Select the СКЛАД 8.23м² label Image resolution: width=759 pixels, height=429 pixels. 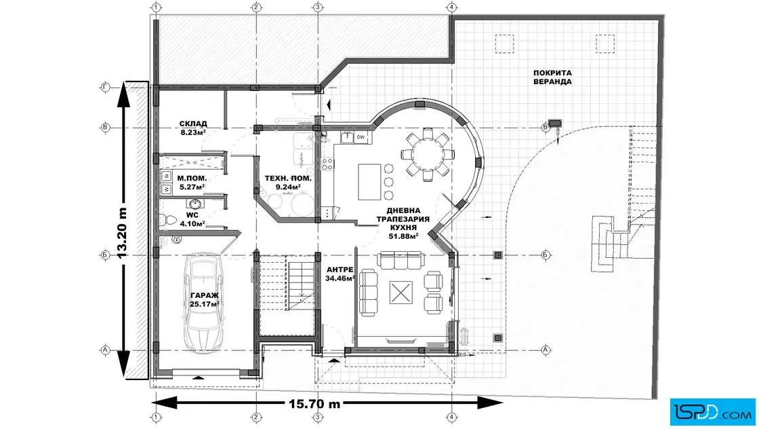point(193,128)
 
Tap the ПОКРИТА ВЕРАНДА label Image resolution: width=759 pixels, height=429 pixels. point(552,76)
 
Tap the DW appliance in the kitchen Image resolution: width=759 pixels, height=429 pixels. point(361,138)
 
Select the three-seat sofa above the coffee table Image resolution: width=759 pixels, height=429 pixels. point(398,260)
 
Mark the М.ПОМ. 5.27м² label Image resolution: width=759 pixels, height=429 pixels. point(190,183)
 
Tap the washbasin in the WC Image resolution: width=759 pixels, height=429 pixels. point(195,204)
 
